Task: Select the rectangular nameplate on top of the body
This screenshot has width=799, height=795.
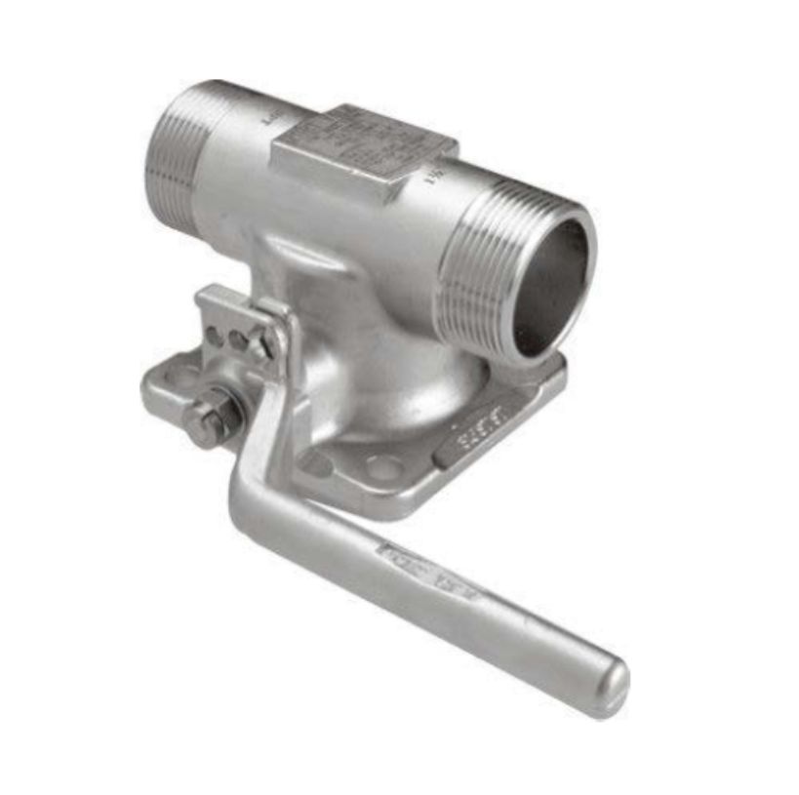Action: pos(361,146)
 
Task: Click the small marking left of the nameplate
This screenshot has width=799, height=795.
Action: pos(270,121)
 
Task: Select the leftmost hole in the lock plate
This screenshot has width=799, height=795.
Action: pos(213,337)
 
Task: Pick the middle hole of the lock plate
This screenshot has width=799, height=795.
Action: pos(238,339)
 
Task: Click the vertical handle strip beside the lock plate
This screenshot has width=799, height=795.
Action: pos(278,390)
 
